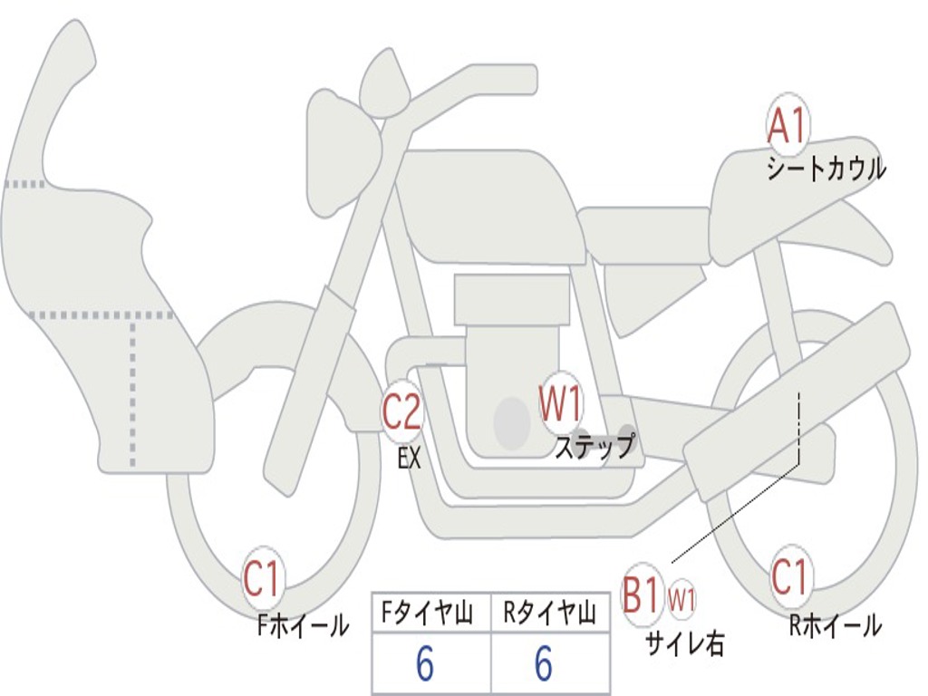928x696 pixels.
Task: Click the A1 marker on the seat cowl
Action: click(x=787, y=126)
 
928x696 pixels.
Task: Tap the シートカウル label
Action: click(x=826, y=169)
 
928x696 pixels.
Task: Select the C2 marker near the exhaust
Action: click(x=402, y=412)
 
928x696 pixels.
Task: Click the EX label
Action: click(x=410, y=459)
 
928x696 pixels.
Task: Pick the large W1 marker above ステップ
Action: click(x=561, y=403)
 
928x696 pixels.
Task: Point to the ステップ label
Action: click(x=594, y=447)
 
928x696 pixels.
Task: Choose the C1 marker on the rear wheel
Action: click(x=789, y=576)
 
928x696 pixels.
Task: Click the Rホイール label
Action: click(x=835, y=624)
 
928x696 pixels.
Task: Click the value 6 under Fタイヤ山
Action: click(x=424, y=665)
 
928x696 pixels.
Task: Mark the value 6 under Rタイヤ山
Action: click(x=544, y=665)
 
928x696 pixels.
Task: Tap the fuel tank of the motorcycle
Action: click(x=489, y=204)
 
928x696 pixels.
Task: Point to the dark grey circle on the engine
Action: click(x=512, y=422)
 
